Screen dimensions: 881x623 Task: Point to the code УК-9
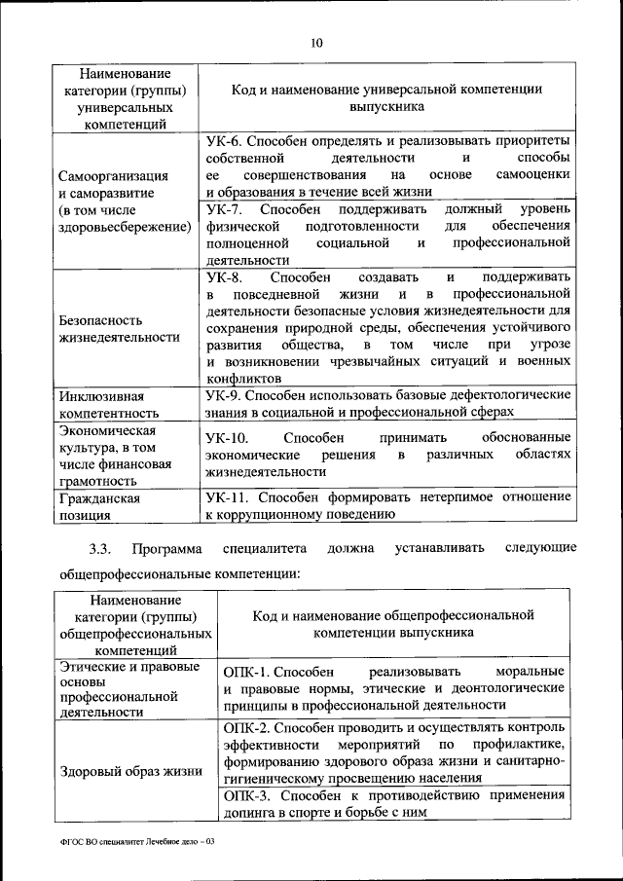224,395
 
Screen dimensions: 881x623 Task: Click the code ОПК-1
244,673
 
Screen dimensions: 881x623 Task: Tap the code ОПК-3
246,795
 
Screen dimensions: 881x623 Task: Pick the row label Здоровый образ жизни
130,771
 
